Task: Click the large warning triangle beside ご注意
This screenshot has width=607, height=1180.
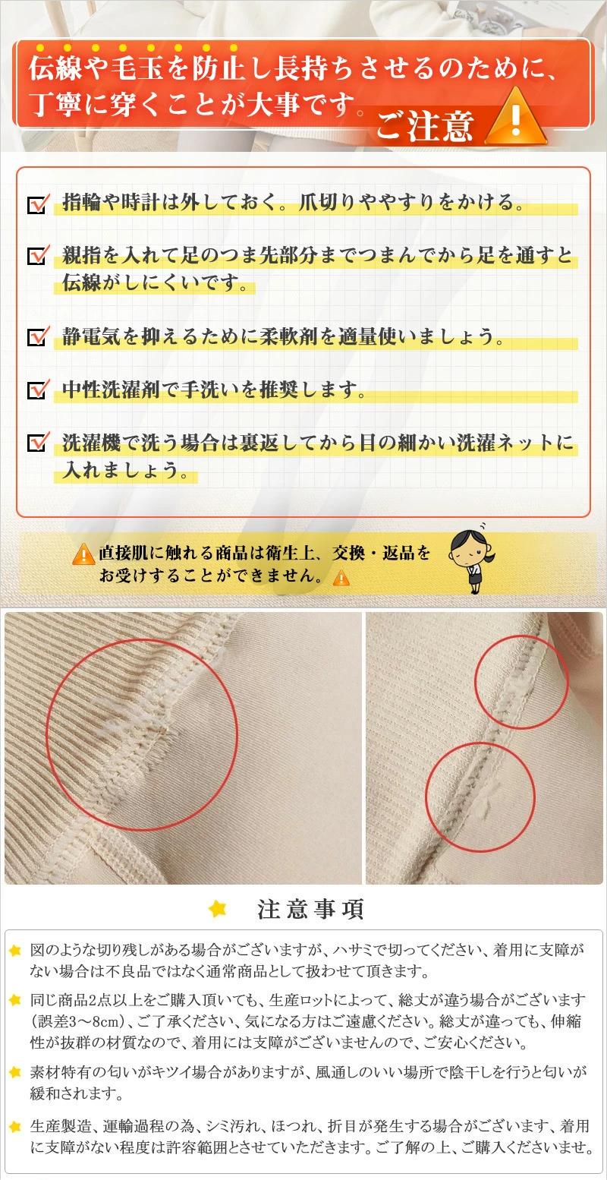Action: click(x=516, y=116)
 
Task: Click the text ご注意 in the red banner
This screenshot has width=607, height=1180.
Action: click(x=425, y=125)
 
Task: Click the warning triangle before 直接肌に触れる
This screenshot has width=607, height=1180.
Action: click(x=83, y=554)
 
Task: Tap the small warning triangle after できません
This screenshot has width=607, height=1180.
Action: click(x=341, y=577)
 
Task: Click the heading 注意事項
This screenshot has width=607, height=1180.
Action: click(x=310, y=909)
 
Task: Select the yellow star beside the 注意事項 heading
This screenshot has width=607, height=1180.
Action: click(x=218, y=908)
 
